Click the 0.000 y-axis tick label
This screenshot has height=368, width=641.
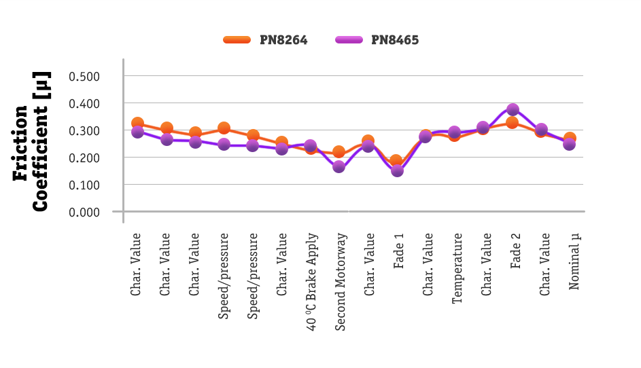point(85,212)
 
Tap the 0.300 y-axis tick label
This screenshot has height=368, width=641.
point(85,130)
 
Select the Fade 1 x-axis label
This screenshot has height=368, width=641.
point(398,251)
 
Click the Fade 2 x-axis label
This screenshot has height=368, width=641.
point(515,251)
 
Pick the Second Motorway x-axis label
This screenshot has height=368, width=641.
point(341,281)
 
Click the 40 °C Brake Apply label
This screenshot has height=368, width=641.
point(311,281)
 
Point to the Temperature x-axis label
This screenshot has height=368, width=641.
point(457,268)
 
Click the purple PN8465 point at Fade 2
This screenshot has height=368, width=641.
point(513,109)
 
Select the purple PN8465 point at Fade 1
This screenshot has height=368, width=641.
point(397,170)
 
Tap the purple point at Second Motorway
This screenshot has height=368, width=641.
point(339,166)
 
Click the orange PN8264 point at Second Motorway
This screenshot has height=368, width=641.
point(339,151)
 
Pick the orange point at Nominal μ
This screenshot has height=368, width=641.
point(570,139)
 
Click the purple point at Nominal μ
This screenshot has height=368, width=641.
point(570,145)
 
